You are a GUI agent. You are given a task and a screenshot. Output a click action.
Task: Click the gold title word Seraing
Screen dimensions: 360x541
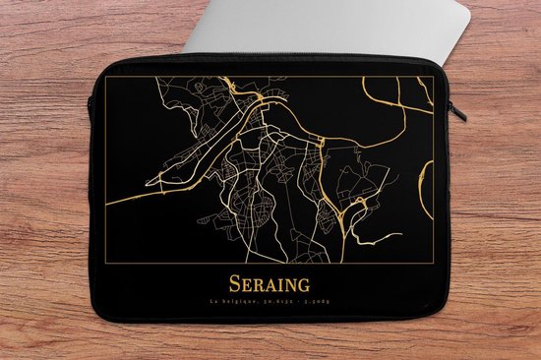coord(269,284)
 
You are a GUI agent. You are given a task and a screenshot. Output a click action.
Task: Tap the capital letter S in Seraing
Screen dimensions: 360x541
coord(235,284)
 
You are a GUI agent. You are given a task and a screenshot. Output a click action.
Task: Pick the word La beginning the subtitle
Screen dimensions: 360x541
coord(216,303)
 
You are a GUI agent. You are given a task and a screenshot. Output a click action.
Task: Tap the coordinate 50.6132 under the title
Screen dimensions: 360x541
coord(275,303)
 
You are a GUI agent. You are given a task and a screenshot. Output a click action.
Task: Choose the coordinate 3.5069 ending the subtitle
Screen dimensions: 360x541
coord(316,303)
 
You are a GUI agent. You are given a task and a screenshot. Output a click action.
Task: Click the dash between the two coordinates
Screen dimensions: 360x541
coord(297,303)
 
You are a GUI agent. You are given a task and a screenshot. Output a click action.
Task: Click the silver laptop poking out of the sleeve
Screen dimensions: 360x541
coord(325,25)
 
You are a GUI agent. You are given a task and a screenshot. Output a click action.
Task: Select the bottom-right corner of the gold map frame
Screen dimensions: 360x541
coord(433,264)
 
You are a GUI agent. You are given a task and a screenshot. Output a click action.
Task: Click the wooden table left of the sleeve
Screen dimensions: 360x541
coord(44,197)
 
